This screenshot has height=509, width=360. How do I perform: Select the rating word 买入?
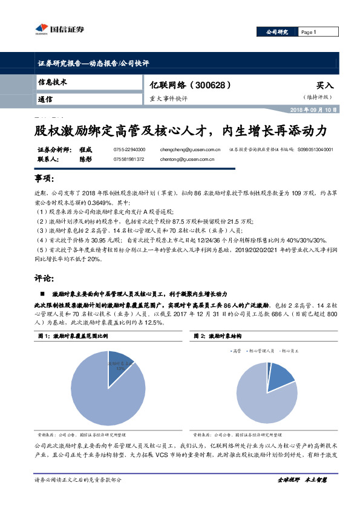click(x=325, y=86)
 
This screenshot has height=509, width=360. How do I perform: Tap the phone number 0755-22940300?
click(x=129, y=149)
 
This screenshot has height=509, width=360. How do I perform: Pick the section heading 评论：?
click(x=44, y=279)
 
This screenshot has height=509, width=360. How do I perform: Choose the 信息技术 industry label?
click(x=52, y=82)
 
